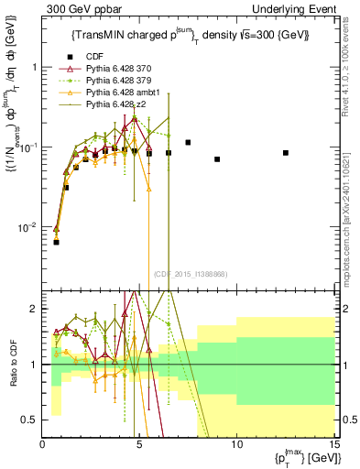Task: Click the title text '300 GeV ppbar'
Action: tap(75, 8)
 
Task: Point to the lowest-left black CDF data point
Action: tap(56, 242)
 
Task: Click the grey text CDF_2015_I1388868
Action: tap(190, 274)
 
